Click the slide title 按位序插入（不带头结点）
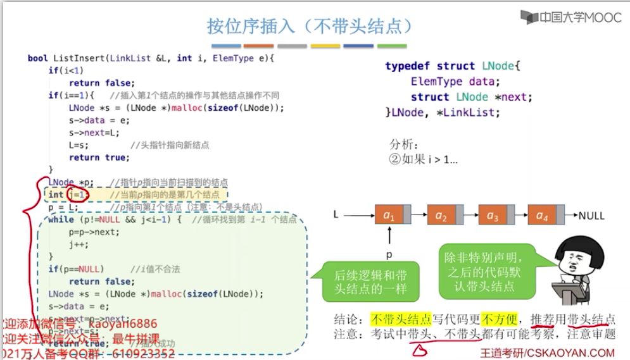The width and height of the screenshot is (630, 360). pyautogui.click(x=310, y=26)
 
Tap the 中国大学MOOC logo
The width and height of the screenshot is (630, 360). pyautogui.click(x=571, y=17)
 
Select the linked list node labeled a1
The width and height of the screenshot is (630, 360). pyautogui.click(x=389, y=216)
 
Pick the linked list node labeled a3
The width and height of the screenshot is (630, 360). pyautogui.click(x=491, y=216)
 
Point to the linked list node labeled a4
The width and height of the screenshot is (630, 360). pyautogui.click(x=542, y=216)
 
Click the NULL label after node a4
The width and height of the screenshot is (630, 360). pyautogui.click(x=591, y=216)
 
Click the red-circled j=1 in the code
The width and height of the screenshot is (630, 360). pyautogui.click(x=77, y=194)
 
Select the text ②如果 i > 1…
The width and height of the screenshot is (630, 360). pyautogui.click(x=423, y=160)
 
